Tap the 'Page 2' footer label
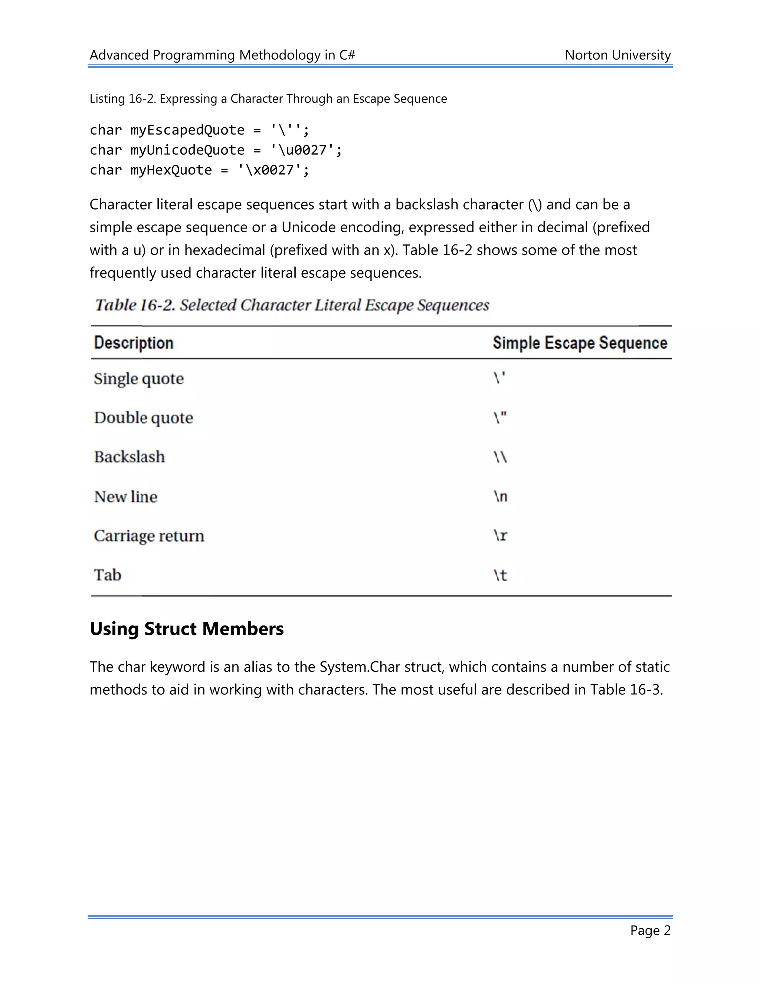click(x=650, y=930)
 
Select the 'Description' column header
click(x=134, y=343)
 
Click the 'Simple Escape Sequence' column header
click(x=579, y=343)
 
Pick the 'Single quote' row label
click(x=139, y=379)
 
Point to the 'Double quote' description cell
click(x=143, y=418)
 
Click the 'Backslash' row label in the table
click(x=129, y=457)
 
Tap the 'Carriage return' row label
click(x=148, y=536)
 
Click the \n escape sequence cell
click(x=500, y=496)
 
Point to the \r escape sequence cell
click(x=500, y=536)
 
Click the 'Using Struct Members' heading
click(x=186, y=629)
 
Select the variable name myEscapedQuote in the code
click(x=187, y=130)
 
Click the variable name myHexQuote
click(x=171, y=170)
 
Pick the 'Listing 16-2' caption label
click(x=122, y=99)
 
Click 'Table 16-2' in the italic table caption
click(x=135, y=305)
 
